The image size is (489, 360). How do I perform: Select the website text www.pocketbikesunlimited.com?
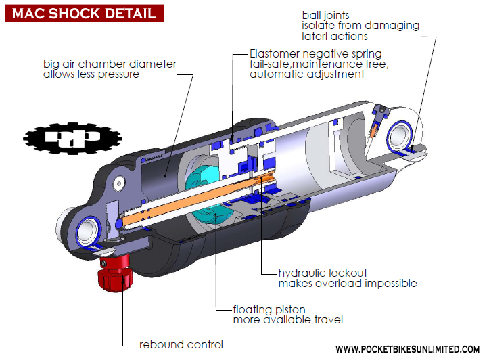(x=408, y=349)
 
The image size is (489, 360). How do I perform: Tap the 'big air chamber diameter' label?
(x=110, y=64)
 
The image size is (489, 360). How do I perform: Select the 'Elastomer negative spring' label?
(x=315, y=53)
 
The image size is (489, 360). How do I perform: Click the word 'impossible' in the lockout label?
(x=390, y=284)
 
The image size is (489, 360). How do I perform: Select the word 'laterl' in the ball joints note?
(x=315, y=36)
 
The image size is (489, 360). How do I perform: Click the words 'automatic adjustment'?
(x=307, y=74)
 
